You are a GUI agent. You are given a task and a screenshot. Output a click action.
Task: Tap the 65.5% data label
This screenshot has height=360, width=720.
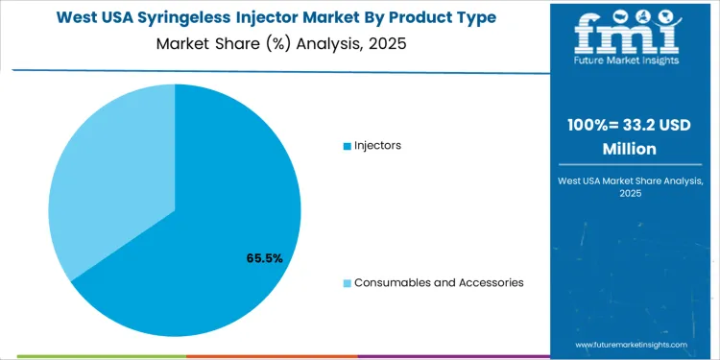click(x=264, y=258)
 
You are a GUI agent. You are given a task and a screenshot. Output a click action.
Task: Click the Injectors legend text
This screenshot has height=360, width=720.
click(x=377, y=145)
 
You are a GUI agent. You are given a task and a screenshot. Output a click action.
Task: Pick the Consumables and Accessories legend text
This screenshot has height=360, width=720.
click(x=439, y=282)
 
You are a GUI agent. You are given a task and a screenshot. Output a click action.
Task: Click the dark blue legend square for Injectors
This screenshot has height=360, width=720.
click(x=348, y=146)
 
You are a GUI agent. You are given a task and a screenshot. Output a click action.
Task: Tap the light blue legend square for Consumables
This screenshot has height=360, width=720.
click(x=348, y=283)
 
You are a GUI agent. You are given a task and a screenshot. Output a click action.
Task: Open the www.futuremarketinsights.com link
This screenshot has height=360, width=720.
click(x=632, y=344)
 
